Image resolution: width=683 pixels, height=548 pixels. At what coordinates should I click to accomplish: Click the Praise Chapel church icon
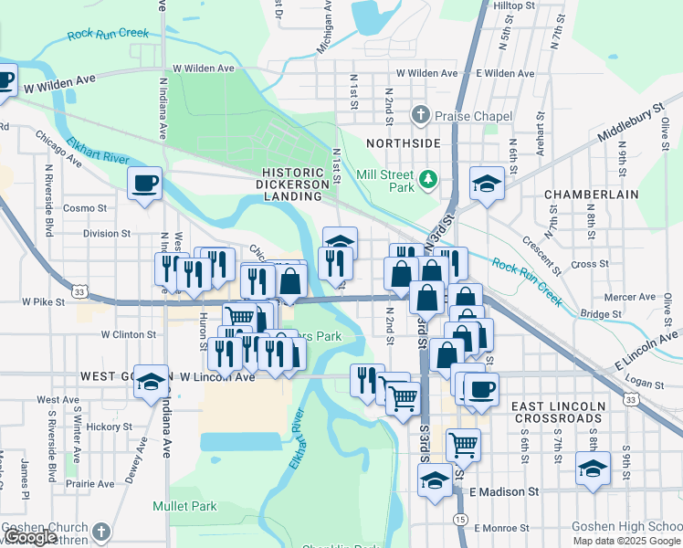tap(420, 115)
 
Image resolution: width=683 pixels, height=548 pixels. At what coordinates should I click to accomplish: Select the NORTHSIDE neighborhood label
tap(403, 143)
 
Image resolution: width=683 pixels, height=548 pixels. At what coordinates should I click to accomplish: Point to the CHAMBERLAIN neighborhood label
tap(583, 195)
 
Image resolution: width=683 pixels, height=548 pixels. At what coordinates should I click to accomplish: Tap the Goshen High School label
tap(625, 527)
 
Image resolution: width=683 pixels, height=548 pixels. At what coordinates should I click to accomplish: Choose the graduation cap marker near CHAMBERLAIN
tap(488, 184)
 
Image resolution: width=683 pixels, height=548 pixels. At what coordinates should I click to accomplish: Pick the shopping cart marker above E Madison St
tap(464, 445)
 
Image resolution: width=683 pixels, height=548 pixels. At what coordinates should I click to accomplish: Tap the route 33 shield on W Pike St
tap(81, 291)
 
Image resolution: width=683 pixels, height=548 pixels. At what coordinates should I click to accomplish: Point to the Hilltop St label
tap(513, 5)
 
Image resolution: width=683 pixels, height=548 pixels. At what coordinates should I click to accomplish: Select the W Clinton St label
tap(129, 335)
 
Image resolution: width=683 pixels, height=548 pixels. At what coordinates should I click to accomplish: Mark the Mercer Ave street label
tap(630, 297)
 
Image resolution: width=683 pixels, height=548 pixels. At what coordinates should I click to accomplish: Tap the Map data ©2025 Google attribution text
tap(626, 541)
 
